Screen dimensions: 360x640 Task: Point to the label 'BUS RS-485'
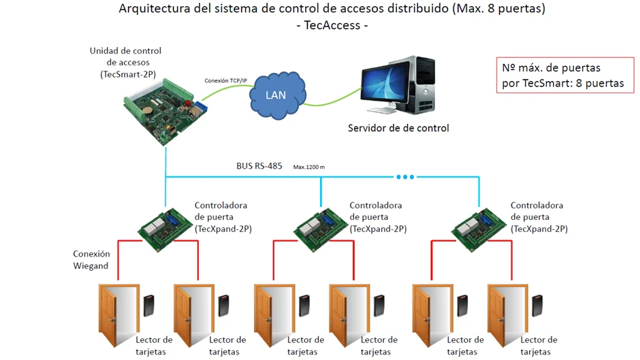(259, 165)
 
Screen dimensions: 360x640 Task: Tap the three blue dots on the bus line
(405, 177)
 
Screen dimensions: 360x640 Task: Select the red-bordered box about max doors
(564, 75)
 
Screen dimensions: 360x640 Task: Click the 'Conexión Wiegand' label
(91, 260)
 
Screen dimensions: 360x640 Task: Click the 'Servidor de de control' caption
(398, 127)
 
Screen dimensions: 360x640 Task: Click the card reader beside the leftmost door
(149, 305)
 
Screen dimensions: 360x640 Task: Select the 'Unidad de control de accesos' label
(125, 62)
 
